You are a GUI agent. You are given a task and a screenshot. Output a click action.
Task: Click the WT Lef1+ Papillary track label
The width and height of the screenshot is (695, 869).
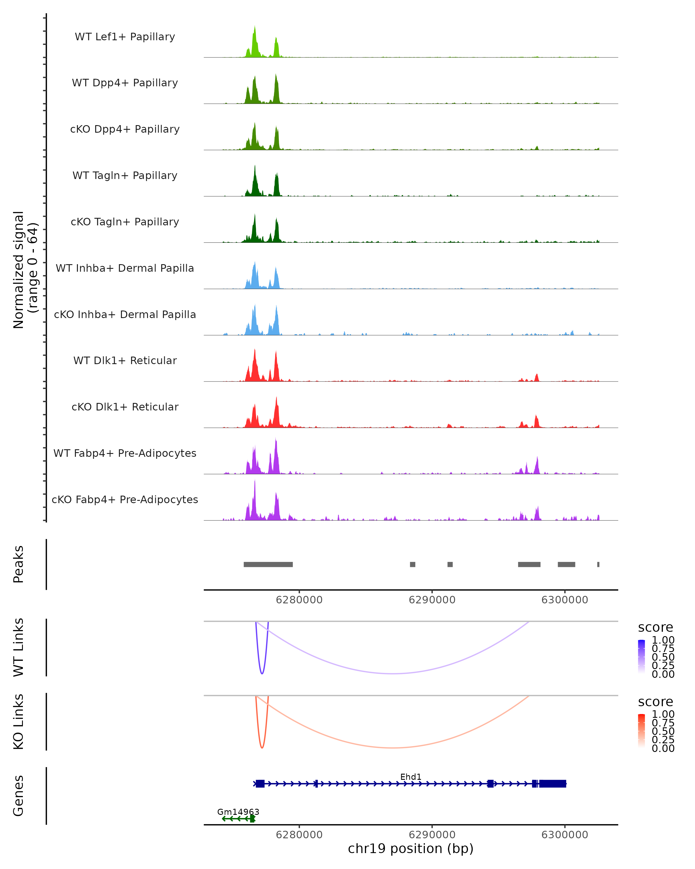pyautogui.click(x=125, y=37)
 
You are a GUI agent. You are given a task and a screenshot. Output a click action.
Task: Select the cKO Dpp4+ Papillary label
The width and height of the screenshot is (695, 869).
pyautogui.click(x=125, y=129)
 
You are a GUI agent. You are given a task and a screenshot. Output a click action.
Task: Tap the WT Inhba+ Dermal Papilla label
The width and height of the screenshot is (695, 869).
pyautogui.click(x=125, y=269)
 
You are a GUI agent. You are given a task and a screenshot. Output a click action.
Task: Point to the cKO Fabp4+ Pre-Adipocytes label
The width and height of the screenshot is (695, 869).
pyautogui.click(x=125, y=500)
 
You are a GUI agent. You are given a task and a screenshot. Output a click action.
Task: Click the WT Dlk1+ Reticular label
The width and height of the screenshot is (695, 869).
pyautogui.click(x=125, y=361)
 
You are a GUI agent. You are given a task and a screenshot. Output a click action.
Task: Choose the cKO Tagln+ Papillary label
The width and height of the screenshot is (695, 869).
pyautogui.click(x=125, y=222)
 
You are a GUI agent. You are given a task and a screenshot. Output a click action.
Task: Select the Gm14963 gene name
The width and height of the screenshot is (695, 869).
pyautogui.click(x=238, y=812)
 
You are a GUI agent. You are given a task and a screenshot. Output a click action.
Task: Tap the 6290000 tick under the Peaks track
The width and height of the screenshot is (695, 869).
pyautogui.click(x=432, y=600)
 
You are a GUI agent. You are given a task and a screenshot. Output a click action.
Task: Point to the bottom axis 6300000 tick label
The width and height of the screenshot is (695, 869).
pyautogui.click(x=564, y=835)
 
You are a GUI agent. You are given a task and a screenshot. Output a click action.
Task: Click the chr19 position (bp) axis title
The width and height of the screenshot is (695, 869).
pyautogui.click(x=411, y=848)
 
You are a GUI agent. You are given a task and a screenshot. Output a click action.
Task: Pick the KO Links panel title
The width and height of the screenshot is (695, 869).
pyautogui.click(x=19, y=722)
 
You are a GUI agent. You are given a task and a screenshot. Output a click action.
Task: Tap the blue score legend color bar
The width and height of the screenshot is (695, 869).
pyautogui.click(x=641, y=657)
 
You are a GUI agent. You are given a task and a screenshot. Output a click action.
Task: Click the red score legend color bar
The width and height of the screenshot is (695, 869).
pyautogui.click(x=641, y=731)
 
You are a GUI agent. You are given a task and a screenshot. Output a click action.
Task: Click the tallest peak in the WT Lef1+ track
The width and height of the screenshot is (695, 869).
pyautogui.click(x=255, y=28)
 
